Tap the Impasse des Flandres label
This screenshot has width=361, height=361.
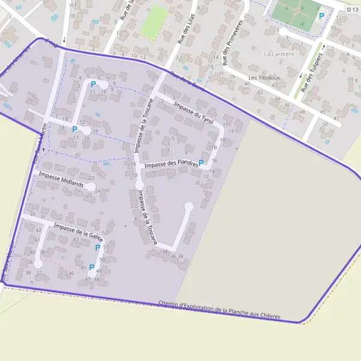(171, 163)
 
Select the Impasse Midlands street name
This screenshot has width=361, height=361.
(61, 179)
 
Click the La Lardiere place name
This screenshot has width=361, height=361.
(279, 54)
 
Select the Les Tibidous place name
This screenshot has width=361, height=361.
(264, 78)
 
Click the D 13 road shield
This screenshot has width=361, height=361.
(353, 9)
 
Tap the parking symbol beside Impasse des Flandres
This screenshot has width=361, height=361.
(201, 162)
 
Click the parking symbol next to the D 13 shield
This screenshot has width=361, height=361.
(321, 16)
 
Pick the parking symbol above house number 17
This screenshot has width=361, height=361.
(75, 129)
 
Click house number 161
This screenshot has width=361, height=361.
(72, 5)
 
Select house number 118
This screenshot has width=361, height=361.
(212, 147)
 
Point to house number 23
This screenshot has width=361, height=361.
(91, 178)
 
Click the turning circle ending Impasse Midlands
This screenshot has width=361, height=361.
(90, 187)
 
